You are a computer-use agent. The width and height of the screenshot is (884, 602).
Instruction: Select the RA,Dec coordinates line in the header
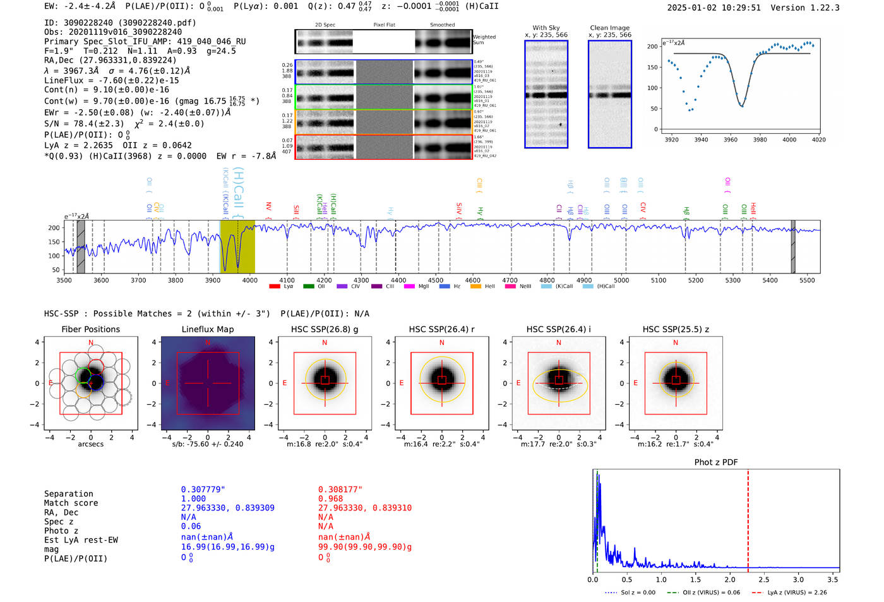(110, 61)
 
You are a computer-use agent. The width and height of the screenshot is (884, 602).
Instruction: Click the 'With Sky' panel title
(546, 28)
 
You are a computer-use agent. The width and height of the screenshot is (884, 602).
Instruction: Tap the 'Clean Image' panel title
(609, 28)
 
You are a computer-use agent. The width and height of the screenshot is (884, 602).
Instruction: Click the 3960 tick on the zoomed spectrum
(731, 140)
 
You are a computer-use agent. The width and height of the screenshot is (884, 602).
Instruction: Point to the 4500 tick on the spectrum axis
(436, 280)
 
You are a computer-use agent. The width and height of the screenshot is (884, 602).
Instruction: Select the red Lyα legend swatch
(275, 286)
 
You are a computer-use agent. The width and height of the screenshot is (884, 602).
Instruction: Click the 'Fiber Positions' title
(90, 329)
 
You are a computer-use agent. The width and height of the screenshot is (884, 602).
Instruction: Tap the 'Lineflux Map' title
(207, 329)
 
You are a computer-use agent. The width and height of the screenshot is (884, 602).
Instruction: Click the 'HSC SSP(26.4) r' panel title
(441, 329)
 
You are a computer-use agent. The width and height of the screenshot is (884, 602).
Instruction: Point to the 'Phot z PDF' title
(716, 462)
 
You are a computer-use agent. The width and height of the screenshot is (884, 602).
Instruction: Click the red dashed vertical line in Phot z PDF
(748, 518)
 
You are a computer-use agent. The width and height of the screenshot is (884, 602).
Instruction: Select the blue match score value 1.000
(193, 498)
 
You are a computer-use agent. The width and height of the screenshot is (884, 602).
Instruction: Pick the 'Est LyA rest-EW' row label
(81, 540)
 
